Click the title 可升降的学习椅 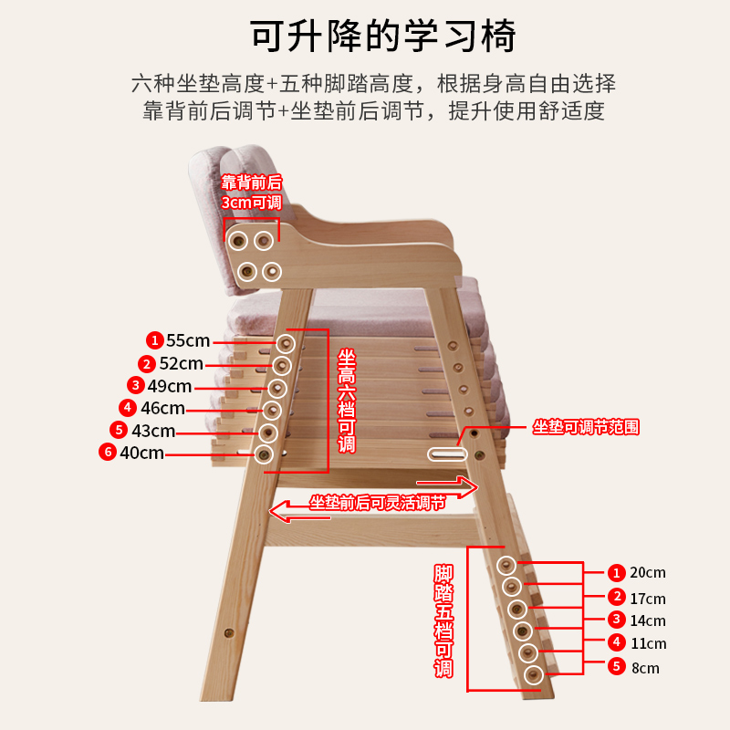(383, 36)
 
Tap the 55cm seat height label (188, 340)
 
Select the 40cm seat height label (141, 452)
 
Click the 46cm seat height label (162, 408)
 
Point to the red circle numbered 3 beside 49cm (136, 385)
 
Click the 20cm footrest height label (648, 572)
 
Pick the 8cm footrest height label (645, 667)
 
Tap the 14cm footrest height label (648, 620)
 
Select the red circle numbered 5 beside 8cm (617, 666)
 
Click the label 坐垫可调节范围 (586, 427)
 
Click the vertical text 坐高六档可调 (346, 401)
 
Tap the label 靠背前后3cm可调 (251, 193)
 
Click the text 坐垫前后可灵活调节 (377, 502)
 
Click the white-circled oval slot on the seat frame (446, 454)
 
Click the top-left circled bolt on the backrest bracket (238, 241)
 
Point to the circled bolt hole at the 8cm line (533, 674)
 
